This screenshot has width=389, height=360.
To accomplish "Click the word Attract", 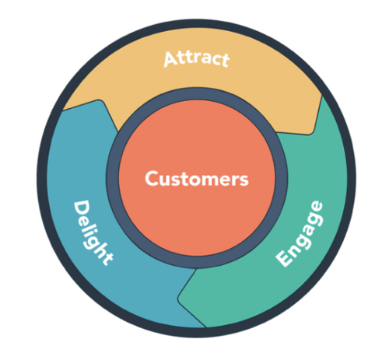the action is (197, 59).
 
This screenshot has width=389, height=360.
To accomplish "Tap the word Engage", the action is (300, 234).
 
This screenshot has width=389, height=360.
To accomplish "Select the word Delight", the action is (93, 232).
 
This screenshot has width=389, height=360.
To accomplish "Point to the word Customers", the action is (197, 179).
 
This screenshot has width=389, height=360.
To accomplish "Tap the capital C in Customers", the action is (152, 178).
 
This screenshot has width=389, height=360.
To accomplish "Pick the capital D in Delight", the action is (81, 208).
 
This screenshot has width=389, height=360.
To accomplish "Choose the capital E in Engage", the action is (283, 257).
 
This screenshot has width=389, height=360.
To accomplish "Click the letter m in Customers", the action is (210, 180).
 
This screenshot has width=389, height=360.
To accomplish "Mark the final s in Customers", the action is (244, 180).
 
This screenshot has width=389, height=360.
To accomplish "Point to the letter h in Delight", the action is (100, 250).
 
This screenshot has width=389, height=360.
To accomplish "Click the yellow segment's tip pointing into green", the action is (310, 135).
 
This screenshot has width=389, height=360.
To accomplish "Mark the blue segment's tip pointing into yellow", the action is (100, 100).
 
